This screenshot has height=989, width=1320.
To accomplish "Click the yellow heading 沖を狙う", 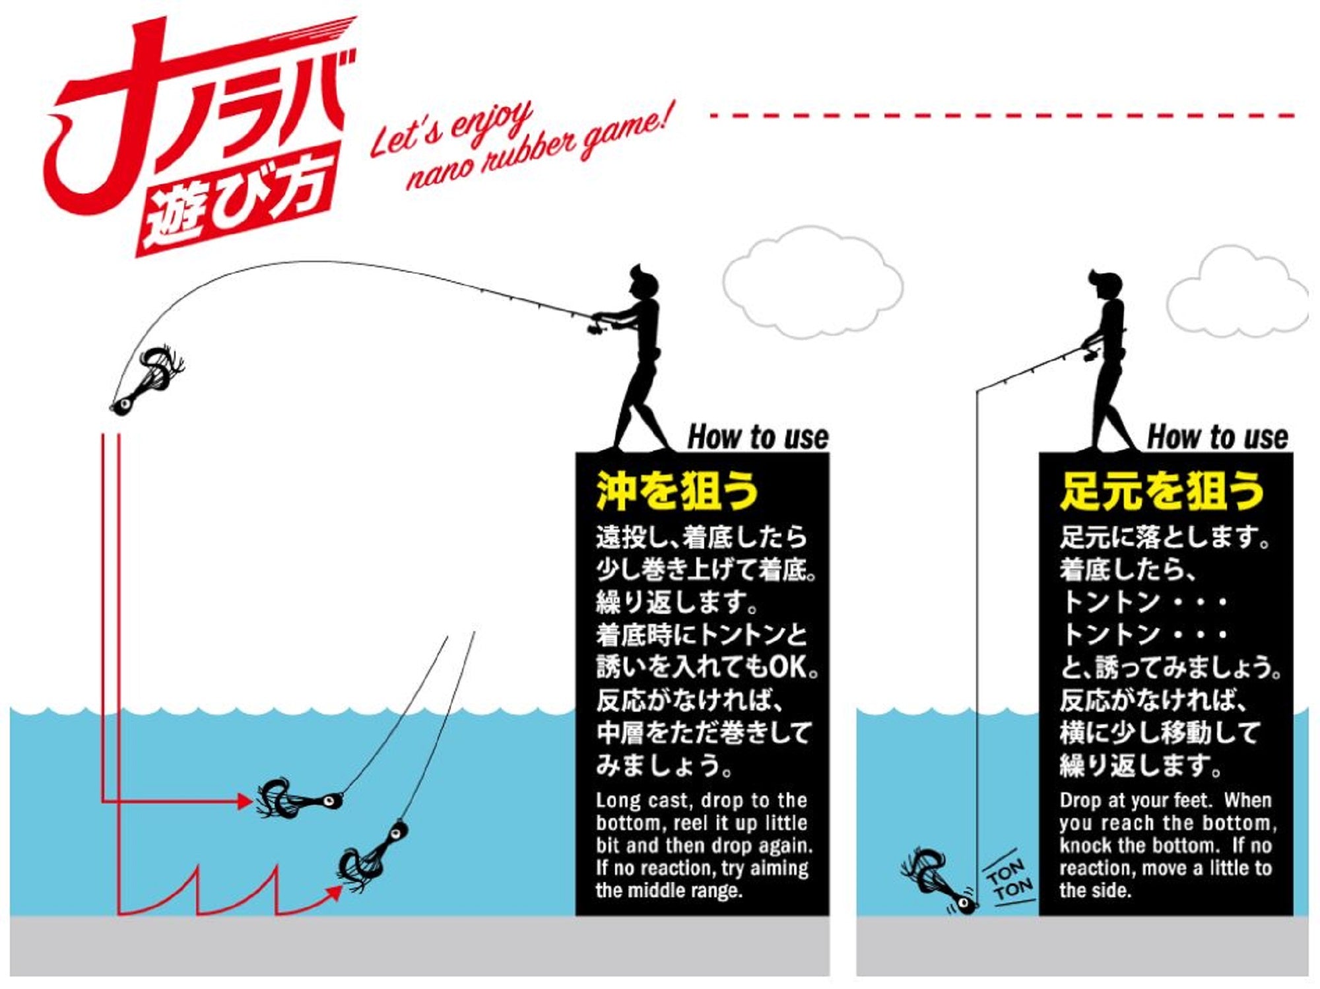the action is [677, 491].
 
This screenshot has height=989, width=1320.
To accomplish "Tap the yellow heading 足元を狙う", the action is [1162, 491].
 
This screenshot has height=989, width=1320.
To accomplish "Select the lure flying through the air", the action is [147, 380].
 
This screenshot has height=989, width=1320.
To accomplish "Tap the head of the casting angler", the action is [643, 283].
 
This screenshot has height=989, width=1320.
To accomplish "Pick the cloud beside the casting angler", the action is [812, 283].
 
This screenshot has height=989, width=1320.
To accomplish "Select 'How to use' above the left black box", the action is [758, 437].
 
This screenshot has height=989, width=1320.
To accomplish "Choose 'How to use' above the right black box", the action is [1218, 437].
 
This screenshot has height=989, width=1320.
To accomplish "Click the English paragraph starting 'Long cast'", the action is [704, 846].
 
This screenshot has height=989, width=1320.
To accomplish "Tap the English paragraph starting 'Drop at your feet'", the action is [1168, 846].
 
